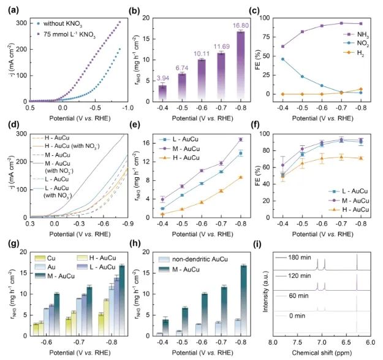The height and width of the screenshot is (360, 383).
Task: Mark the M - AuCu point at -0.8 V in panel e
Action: coord(241,140)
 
